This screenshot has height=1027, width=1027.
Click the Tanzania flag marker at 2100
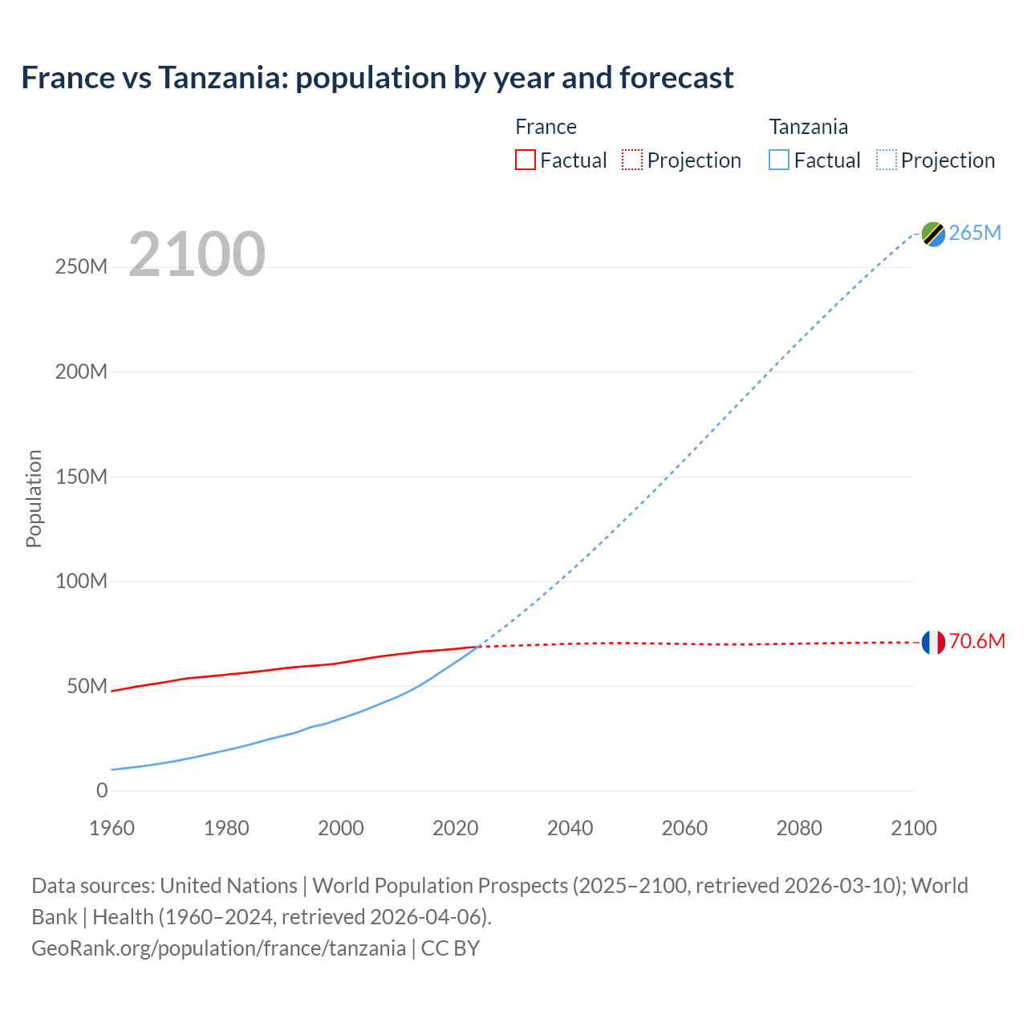pos(933,233)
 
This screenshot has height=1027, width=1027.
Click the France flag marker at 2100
pos(933,642)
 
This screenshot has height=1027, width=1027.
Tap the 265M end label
pos(975,233)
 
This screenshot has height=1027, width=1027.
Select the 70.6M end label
pos(976,641)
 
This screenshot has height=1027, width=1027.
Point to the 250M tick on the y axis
pos(81,267)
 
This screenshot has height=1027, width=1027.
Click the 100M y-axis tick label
pos(81,581)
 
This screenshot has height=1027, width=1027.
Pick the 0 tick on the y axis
pos(102,790)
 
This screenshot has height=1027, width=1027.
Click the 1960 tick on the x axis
pos(112,828)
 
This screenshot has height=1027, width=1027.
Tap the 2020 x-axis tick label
pos(455,828)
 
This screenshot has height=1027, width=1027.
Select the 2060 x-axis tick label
pos(684,828)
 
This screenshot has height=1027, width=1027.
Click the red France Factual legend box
pos(525,160)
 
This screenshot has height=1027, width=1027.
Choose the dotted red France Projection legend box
pos(632,160)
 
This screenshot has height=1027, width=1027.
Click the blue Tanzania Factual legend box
pos(779,160)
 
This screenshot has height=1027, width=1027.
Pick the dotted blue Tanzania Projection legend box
pos(886,160)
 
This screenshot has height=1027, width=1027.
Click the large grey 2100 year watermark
pos(197,254)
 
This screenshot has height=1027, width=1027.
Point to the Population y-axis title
pos(34,498)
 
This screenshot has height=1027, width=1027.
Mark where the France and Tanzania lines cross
pos(480,646)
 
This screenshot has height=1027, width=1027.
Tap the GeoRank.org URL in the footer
pos(218,948)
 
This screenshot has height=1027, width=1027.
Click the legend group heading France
pos(546,127)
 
